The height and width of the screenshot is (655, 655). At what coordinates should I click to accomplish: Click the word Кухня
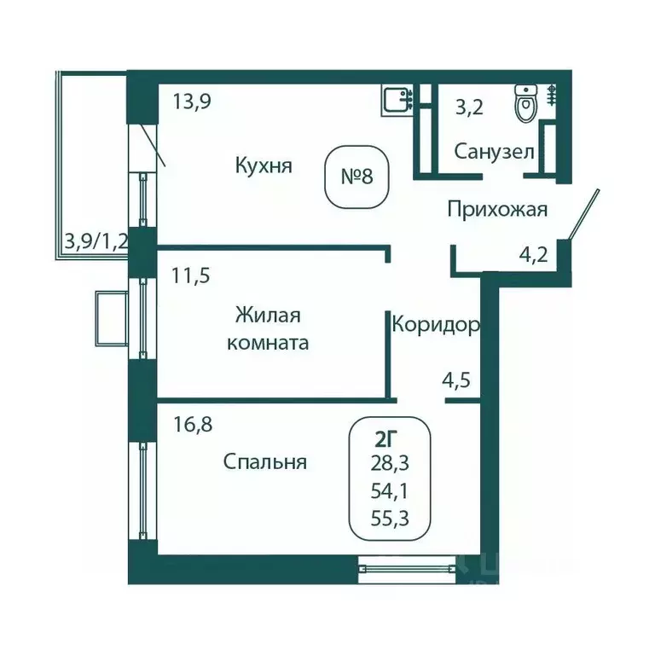(264, 165)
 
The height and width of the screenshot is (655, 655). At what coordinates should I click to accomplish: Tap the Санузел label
(494, 153)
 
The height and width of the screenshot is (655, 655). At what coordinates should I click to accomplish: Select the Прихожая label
(497, 209)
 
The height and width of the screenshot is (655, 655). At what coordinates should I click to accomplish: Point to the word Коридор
(435, 324)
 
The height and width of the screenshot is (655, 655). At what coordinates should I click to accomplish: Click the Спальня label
(264, 462)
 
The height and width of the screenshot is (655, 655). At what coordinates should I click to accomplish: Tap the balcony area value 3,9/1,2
(96, 241)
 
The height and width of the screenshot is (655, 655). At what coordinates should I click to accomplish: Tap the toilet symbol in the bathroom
(525, 105)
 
